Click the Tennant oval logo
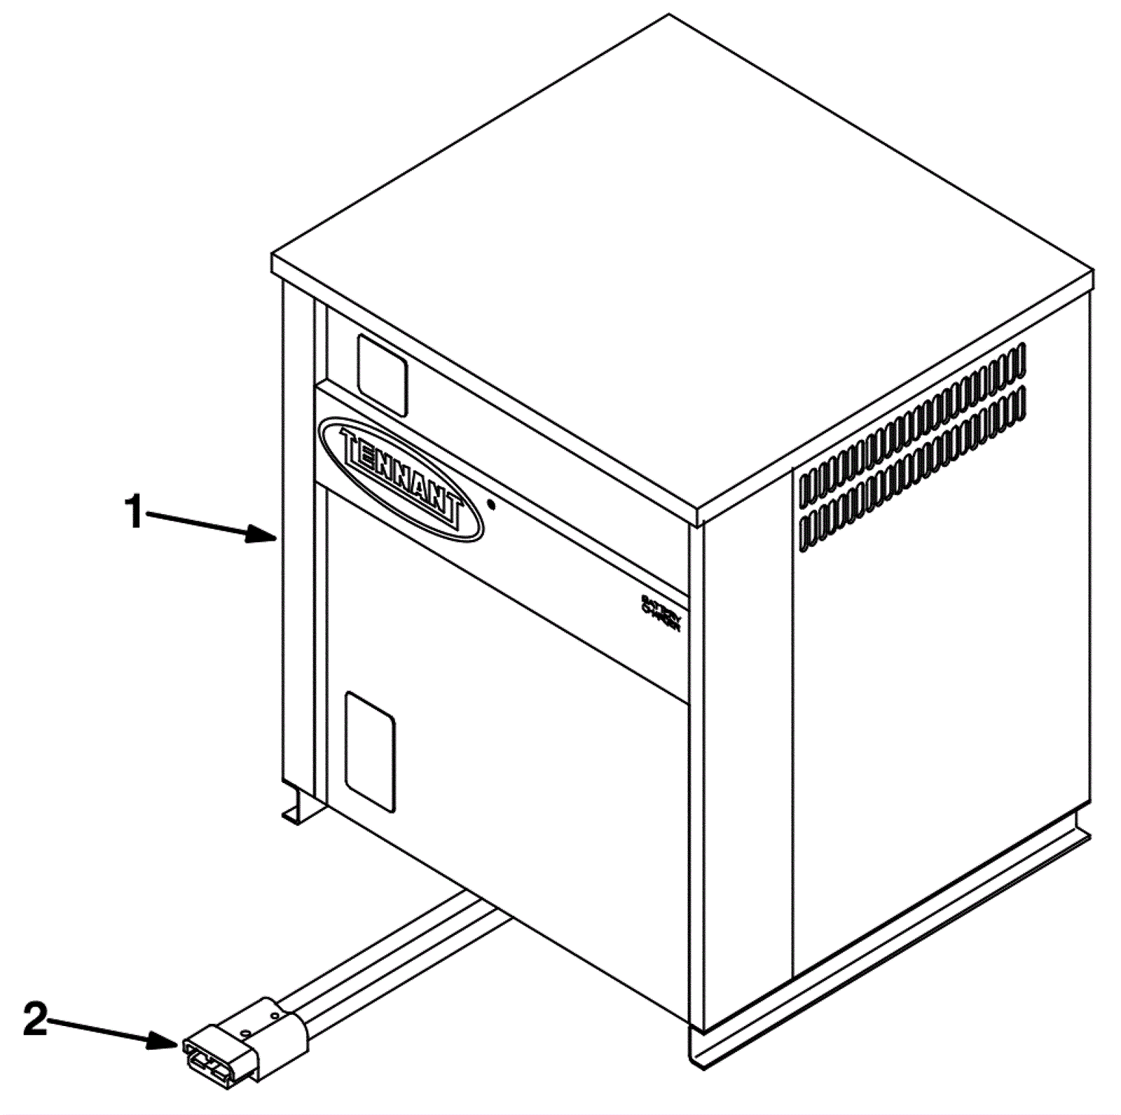[x=400, y=480]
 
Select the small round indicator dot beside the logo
[x=492, y=504]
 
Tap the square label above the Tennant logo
[x=383, y=375]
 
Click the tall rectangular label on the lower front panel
[x=371, y=752]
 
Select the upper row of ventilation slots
[x=912, y=419]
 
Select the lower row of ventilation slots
[x=912, y=464]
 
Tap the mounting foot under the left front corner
[x=301, y=805]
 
